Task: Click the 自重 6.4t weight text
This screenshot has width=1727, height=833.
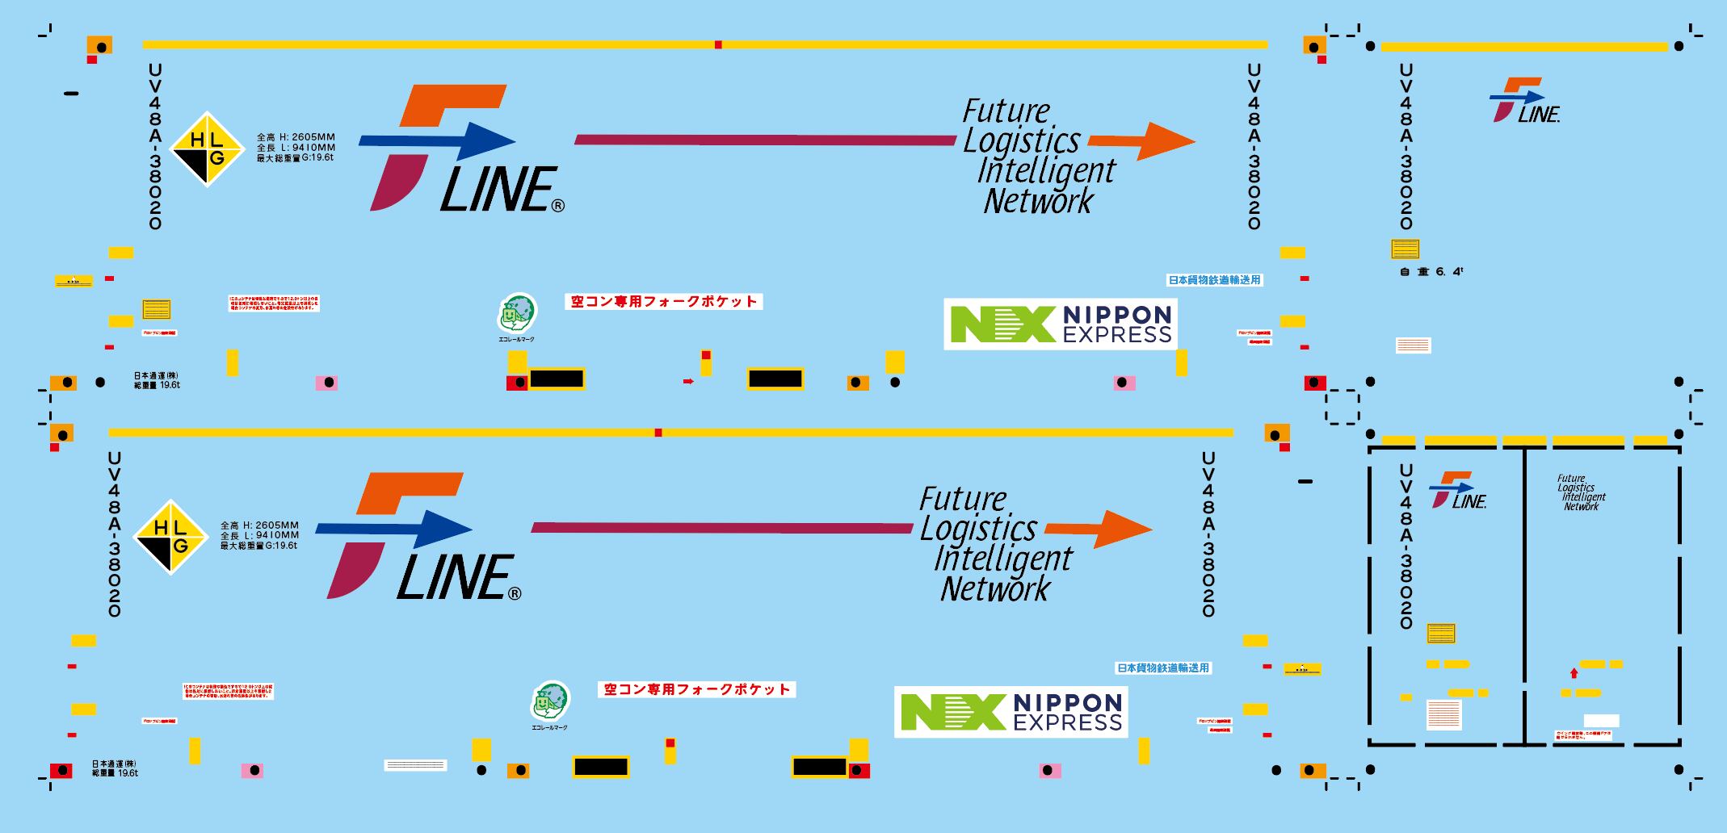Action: (1431, 272)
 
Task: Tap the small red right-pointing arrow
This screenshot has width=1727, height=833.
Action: (688, 381)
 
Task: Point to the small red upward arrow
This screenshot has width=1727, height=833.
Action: (1574, 672)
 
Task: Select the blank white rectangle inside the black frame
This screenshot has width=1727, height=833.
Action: (1601, 720)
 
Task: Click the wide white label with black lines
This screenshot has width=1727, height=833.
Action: (415, 765)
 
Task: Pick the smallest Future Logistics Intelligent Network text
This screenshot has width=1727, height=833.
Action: (1581, 492)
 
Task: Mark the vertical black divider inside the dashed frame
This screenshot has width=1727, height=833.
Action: (1524, 596)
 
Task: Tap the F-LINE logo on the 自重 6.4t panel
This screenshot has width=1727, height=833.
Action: (1523, 101)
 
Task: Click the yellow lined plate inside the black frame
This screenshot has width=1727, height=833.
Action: (1441, 634)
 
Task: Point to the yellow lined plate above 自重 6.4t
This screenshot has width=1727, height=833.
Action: (1405, 249)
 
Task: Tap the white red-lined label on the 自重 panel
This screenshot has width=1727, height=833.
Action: (1414, 345)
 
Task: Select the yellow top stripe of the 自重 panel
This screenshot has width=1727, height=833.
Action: (1524, 47)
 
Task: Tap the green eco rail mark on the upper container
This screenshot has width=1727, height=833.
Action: (516, 314)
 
